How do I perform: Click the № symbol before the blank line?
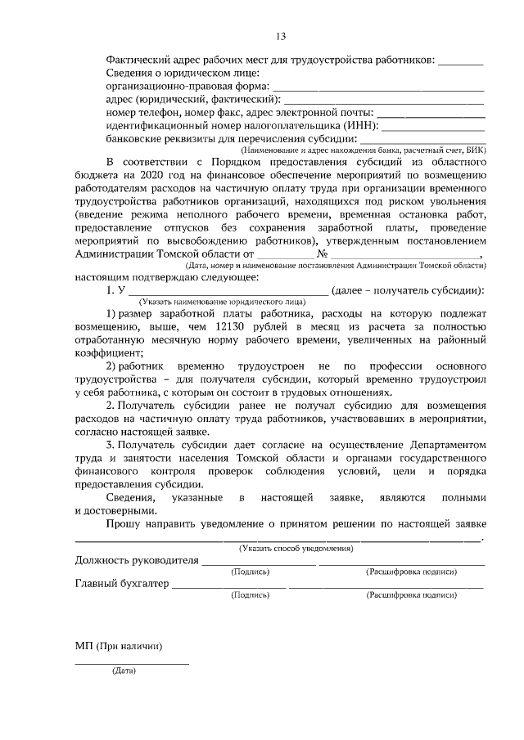coord(322,253)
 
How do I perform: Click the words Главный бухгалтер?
coord(122,584)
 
